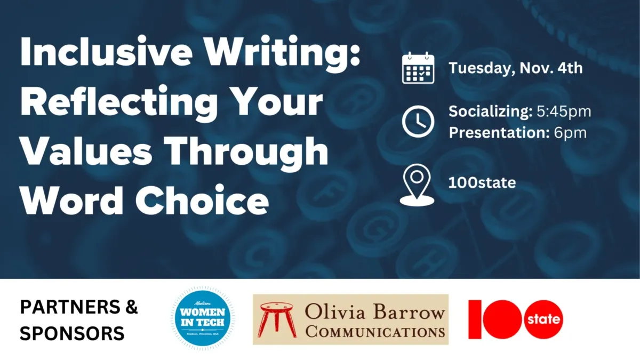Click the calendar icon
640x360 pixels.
tap(418, 68)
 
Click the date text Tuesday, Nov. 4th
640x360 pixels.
tap(515, 68)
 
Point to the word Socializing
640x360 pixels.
tap(489, 111)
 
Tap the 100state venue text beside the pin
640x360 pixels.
tap(482, 183)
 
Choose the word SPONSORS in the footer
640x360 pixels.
tap(72, 333)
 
